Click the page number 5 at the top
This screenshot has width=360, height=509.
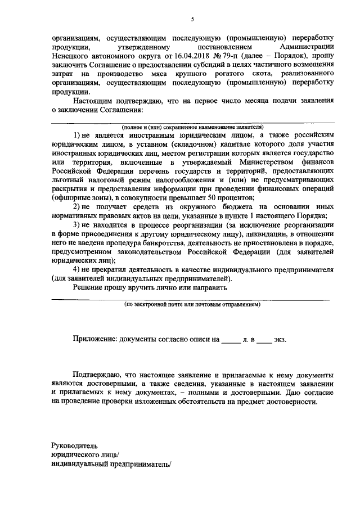click(x=192, y=19)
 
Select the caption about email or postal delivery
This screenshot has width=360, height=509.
click(x=192, y=304)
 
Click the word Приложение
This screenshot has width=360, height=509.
click(x=94, y=340)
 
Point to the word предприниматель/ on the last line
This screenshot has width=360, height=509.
click(x=137, y=464)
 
